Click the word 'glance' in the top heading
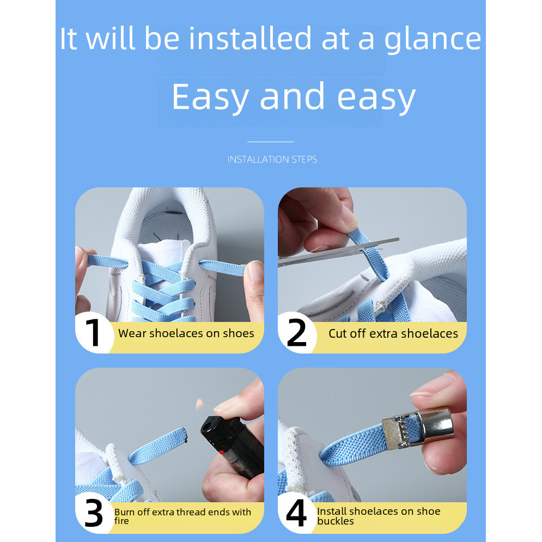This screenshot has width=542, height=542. tap(433, 40)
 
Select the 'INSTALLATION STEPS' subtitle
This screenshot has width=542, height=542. tap(272, 160)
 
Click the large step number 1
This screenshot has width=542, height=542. tap(93, 332)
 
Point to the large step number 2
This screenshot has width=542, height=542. tap(296, 332)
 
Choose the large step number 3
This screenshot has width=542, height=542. tap(94, 513)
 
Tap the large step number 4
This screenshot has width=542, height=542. tap(296, 513)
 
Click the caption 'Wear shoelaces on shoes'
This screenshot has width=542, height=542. tap(186, 333)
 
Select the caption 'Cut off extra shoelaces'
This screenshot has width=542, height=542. tap(393, 333)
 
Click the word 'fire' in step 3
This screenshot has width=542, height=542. tap(121, 521)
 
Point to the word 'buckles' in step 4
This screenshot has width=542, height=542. tap(336, 521)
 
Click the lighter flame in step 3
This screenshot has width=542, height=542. tap(199, 404)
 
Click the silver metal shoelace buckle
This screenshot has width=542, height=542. tap(419, 430)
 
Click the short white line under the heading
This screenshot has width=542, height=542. tap(271, 142)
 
